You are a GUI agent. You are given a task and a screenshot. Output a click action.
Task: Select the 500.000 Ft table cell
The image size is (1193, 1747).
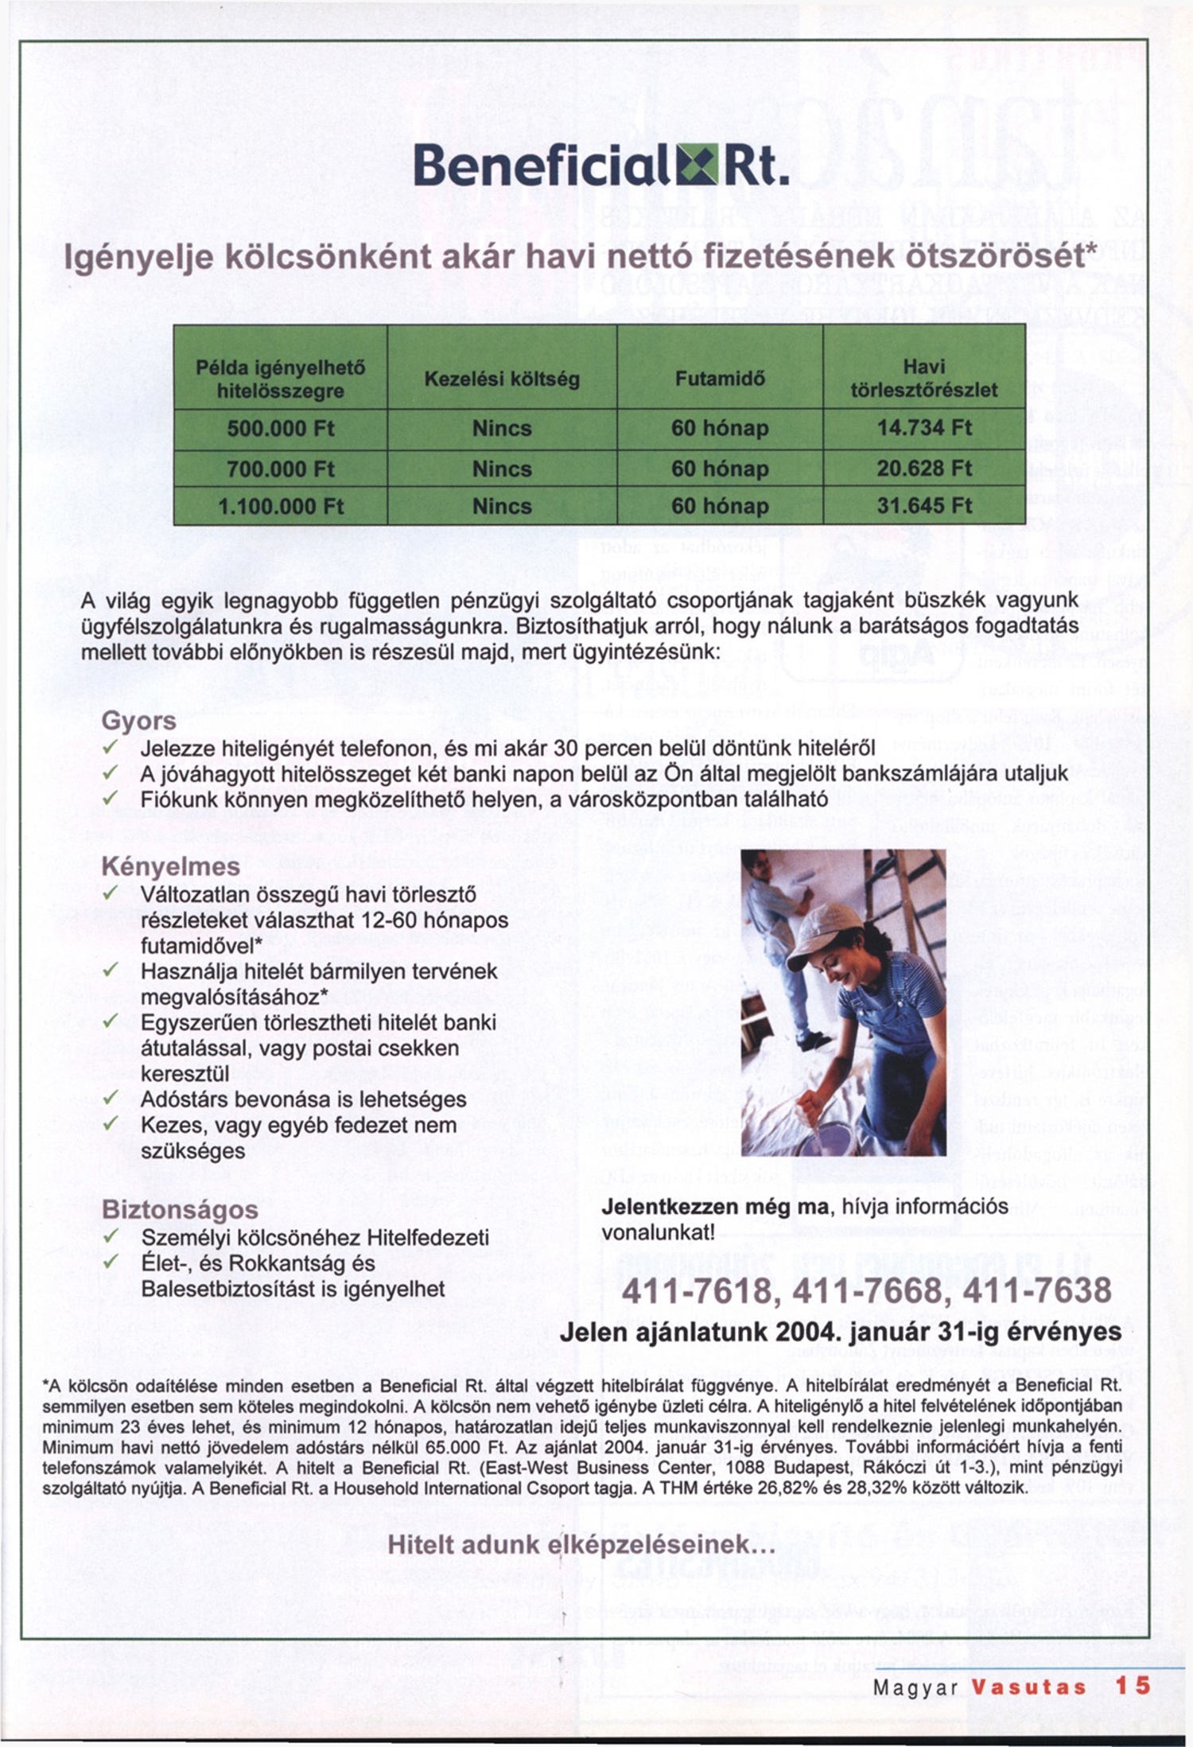pyautogui.click(x=280, y=429)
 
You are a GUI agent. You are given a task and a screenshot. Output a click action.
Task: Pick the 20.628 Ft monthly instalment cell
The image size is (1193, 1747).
pyautogui.click(x=924, y=469)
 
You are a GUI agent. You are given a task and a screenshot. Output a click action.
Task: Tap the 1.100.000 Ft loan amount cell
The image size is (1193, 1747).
pyautogui.click(x=280, y=507)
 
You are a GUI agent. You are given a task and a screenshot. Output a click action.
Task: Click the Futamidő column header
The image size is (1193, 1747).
pyautogui.click(x=720, y=379)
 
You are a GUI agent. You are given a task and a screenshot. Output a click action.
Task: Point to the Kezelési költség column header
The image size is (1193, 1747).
pyautogui.click(x=502, y=379)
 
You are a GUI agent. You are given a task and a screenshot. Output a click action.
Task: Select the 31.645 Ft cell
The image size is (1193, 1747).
pyautogui.click(x=924, y=507)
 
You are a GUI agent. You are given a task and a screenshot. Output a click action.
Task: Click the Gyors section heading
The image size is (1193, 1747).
pyautogui.click(x=139, y=721)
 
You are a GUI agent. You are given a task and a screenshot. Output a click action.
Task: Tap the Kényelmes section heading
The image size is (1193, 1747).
pyautogui.click(x=171, y=866)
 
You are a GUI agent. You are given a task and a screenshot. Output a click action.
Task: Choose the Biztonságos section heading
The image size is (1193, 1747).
pyautogui.click(x=181, y=1210)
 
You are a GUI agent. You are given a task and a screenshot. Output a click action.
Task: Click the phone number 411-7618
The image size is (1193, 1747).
pyautogui.click(x=694, y=1290)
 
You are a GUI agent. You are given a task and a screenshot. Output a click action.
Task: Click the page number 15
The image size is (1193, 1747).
pyautogui.click(x=1133, y=1687)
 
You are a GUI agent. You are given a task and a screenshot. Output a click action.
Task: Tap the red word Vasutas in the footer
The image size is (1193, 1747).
pyautogui.click(x=1029, y=1687)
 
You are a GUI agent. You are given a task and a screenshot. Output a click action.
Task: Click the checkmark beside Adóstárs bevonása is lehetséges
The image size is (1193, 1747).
pyautogui.click(x=111, y=1099)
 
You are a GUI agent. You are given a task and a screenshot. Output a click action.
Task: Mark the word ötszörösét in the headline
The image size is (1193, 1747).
pyautogui.click(x=1003, y=256)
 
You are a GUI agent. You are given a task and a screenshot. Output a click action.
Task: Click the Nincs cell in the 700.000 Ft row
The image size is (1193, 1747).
pyautogui.click(x=502, y=469)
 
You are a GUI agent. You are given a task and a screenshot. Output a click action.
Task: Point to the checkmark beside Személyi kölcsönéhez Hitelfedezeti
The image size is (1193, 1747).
pyautogui.click(x=111, y=1237)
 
